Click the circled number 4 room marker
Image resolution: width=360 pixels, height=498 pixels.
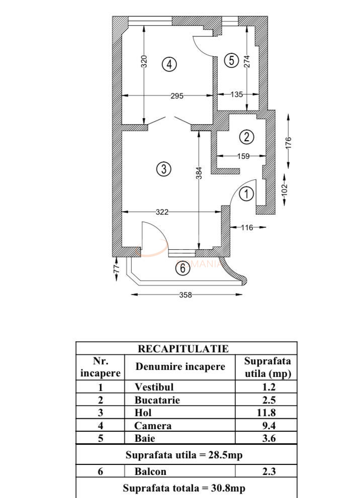(169, 64)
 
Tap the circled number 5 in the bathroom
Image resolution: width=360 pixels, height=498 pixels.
(231, 60)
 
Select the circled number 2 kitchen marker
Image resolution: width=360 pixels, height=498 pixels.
(246, 137)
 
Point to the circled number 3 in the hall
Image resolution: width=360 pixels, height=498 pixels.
(163, 169)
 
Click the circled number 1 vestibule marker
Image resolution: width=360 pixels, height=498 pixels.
(246, 194)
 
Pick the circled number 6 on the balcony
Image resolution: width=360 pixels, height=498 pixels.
(183, 268)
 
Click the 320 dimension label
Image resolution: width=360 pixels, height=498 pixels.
(144, 61)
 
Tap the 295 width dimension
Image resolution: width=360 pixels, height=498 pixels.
(177, 95)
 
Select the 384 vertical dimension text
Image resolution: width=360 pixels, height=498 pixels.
(199, 173)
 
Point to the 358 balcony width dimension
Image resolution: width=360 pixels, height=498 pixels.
(186, 295)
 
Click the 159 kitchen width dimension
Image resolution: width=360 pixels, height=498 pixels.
(243, 156)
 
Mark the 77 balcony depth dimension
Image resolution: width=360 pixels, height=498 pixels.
(117, 267)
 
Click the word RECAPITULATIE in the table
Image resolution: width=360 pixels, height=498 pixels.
(183, 349)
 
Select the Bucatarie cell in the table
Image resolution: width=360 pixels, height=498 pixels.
(157, 400)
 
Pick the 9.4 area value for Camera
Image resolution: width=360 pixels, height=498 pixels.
(269, 426)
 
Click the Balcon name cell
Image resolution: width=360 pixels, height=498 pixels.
(150, 471)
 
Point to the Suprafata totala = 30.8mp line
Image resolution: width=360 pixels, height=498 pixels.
(184, 488)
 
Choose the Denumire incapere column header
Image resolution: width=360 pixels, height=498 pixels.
(180, 366)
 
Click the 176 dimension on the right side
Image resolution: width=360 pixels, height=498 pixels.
(289, 143)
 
